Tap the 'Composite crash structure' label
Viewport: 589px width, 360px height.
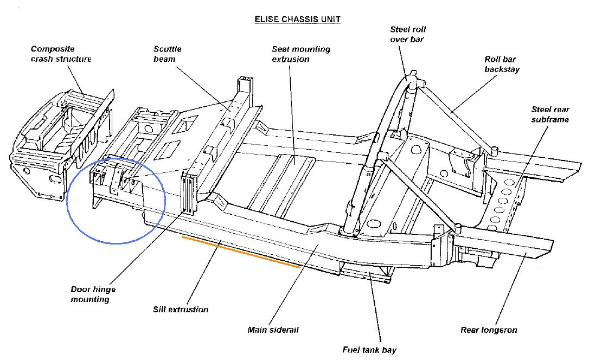[61, 54]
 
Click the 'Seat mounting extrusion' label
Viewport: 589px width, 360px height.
[301, 54]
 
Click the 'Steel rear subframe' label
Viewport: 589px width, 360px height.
[550, 114]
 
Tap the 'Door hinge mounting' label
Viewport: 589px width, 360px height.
[93, 294]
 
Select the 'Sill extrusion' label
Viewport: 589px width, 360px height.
[181, 310]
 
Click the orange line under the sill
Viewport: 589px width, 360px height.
[241, 252]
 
